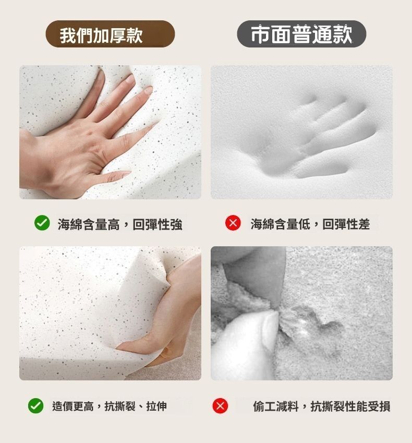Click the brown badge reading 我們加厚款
(110, 34)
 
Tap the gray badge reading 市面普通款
(301, 34)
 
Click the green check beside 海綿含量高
(42, 223)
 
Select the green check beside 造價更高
(36, 406)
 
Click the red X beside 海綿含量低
(233, 223)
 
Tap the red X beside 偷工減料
(220, 406)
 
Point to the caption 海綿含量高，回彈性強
(120, 224)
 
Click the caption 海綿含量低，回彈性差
(310, 224)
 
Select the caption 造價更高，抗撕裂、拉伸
(110, 406)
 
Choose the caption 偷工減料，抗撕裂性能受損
(322, 406)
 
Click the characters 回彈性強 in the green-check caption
(157, 224)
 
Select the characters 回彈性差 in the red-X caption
(346, 224)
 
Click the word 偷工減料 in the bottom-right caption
(275, 406)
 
